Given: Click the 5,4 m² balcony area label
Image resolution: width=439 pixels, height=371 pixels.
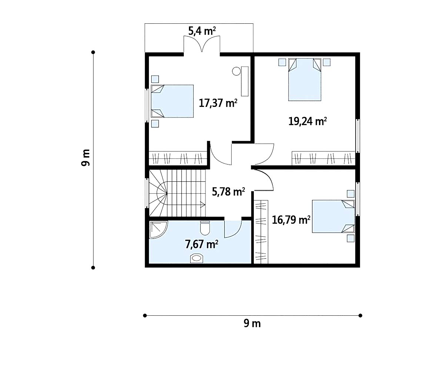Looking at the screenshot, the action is pyautogui.click(x=202, y=31).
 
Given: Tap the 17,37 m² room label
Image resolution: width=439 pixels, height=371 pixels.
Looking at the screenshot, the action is pyautogui.click(x=218, y=103).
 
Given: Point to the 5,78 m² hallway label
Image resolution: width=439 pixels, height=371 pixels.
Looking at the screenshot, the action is pyautogui.click(x=229, y=191).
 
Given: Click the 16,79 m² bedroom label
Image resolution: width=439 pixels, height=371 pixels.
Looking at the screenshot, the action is pyautogui.click(x=291, y=220).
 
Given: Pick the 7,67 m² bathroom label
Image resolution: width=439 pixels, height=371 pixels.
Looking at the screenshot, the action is pyautogui.click(x=202, y=244).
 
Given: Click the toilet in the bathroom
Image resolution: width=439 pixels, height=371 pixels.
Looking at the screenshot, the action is pyautogui.click(x=205, y=228).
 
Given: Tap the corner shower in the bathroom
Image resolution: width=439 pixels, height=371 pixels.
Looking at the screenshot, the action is pyautogui.click(x=158, y=230).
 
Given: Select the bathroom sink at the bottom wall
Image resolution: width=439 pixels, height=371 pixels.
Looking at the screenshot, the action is pyautogui.click(x=197, y=258).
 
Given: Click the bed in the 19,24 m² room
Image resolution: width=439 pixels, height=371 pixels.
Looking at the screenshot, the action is pyautogui.click(x=305, y=79).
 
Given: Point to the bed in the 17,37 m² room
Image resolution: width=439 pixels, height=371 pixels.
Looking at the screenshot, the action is pyautogui.click(x=172, y=101).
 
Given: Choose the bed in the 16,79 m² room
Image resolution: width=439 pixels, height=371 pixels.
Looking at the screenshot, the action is pyautogui.click(x=333, y=216).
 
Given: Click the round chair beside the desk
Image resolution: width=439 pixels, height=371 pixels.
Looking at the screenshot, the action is pyautogui.click(x=236, y=71).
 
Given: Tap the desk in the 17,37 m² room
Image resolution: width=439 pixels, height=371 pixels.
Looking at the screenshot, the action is pyautogui.click(x=245, y=81).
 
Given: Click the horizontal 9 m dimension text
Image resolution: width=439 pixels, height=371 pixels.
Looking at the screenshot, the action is pyautogui.click(x=252, y=324).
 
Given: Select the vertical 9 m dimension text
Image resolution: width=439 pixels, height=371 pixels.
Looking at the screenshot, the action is pyautogui.click(x=86, y=158).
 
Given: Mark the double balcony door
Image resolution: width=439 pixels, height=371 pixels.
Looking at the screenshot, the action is pyautogui.click(x=202, y=44).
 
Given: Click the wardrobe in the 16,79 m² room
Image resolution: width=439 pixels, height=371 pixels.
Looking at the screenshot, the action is pyautogui.click(x=261, y=232).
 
